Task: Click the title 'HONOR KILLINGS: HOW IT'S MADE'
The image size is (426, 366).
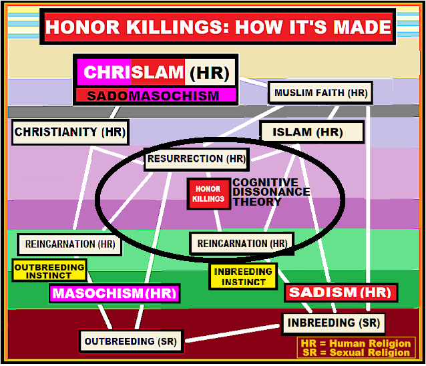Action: pyautogui.click(x=218, y=27)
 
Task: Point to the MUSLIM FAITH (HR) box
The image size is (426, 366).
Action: pyautogui.click(x=320, y=93)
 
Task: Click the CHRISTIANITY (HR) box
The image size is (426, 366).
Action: pyautogui.click(x=69, y=132)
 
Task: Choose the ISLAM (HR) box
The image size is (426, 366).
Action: pyautogui.click(x=311, y=132)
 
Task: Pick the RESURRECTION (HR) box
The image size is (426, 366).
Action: pyautogui.click(x=196, y=159)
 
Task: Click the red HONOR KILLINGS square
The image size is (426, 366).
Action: pyautogui.click(x=208, y=194)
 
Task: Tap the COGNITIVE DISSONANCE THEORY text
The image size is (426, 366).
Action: pyautogui.click(x=270, y=192)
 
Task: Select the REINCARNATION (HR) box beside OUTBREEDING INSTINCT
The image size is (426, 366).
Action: pyautogui.click(x=70, y=244)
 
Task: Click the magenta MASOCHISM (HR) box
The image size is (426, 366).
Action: pyautogui.click(x=115, y=293)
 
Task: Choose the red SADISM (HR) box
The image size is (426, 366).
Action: pyautogui.click(x=341, y=293)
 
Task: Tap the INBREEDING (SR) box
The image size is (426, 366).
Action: pyautogui.click(x=333, y=323)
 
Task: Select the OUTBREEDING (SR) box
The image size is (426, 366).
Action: pyautogui.click(x=130, y=341)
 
